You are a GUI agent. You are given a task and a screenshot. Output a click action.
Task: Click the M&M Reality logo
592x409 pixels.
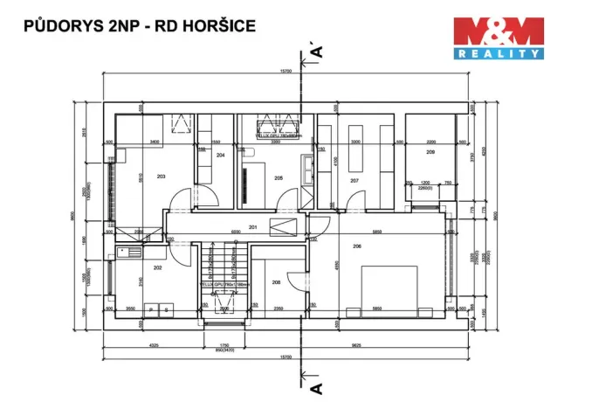point(499,38)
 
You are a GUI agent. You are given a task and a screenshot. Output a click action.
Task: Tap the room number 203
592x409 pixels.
point(161,177)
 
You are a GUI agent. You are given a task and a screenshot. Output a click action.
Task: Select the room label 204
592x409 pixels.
point(221,155)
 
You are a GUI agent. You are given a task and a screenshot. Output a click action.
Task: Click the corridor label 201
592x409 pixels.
point(253,227)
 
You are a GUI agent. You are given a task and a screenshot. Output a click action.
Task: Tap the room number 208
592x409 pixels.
point(276,282)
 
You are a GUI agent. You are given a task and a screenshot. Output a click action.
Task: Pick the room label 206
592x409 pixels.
point(357,246)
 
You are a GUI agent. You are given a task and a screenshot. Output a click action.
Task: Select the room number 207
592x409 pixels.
point(355,181)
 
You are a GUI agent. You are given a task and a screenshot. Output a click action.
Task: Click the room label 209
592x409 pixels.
point(430,152)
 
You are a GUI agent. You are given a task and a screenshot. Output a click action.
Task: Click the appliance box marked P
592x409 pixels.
point(151,308)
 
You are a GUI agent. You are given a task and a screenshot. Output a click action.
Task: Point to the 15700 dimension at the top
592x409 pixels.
point(286,72)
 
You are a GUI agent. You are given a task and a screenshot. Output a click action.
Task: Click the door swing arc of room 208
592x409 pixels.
point(297,280)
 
